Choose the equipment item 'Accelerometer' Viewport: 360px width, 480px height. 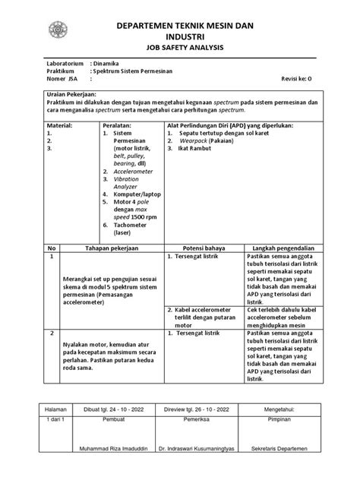tap(134, 172)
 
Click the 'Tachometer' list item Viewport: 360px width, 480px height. tap(131, 226)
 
